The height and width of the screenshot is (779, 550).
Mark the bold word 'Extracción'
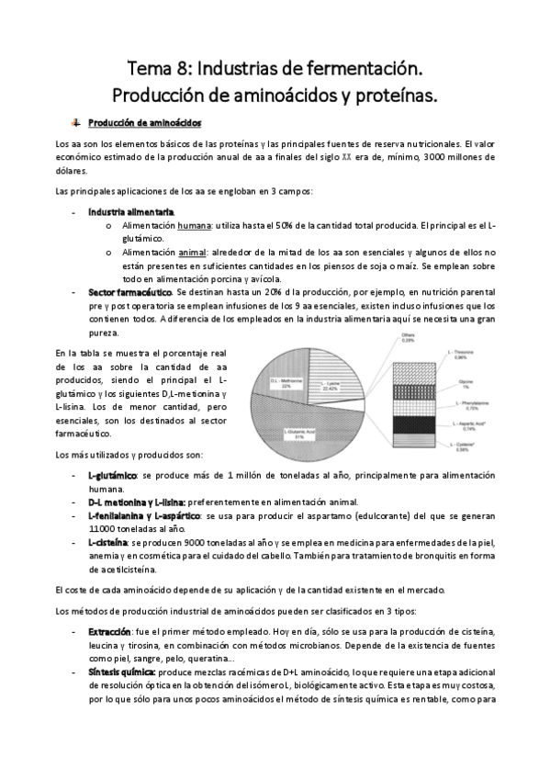point(110,632)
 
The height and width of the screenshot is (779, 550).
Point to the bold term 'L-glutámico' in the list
point(113,475)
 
